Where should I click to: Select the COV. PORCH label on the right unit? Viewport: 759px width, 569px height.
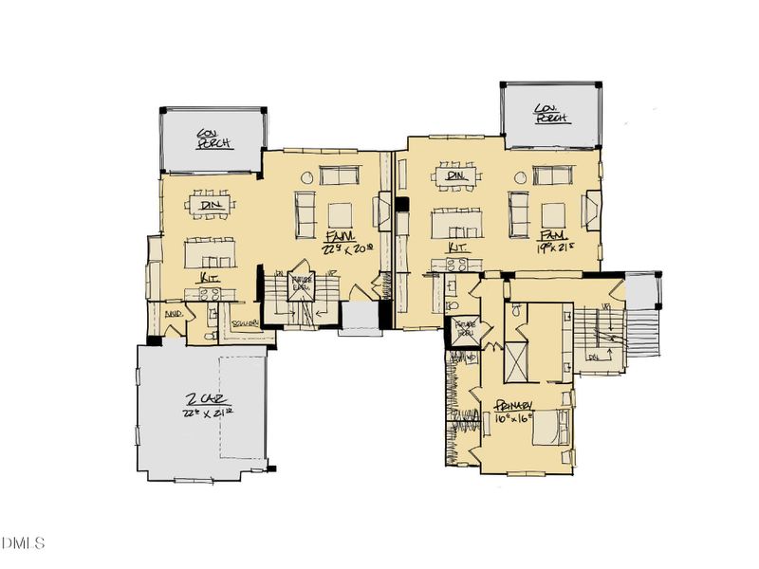pyautogui.click(x=549, y=113)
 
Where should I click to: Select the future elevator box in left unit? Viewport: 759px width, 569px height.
pyautogui.click(x=303, y=284)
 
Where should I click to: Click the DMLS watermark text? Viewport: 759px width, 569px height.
pyautogui.click(x=24, y=543)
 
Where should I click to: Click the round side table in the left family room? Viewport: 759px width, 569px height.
pyautogui.click(x=306, y=176)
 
